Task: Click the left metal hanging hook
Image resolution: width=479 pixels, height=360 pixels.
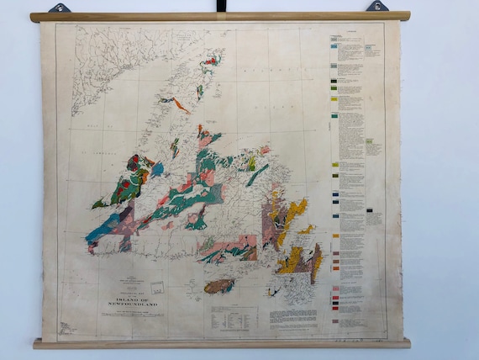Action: coord(60,8)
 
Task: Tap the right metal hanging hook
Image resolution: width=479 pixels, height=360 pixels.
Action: coord(377,7)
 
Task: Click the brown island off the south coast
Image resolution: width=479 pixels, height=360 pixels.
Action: coord(219,286)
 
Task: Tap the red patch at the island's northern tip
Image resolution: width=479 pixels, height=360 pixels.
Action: coord(210,61)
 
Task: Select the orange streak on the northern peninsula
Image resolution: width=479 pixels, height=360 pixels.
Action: coord(182,106)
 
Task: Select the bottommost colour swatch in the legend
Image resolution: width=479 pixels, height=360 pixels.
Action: coord(335,320)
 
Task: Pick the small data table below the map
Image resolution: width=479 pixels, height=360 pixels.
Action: coord(233,318)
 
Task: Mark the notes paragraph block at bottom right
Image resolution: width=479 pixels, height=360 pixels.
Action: coord(295,318)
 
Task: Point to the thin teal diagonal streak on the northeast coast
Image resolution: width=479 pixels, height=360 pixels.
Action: coord(258,175)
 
